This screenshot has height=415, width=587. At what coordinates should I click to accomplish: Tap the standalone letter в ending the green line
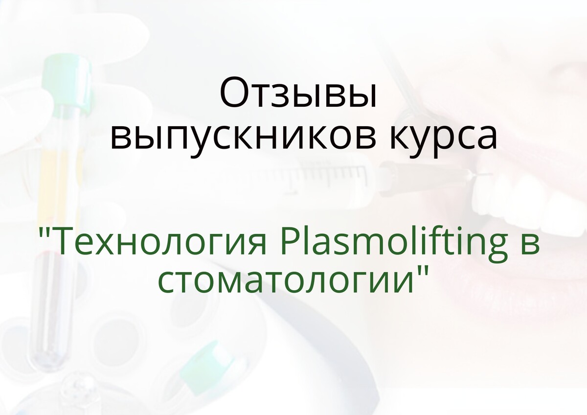529,245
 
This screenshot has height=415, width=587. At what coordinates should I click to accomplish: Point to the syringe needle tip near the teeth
491,174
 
